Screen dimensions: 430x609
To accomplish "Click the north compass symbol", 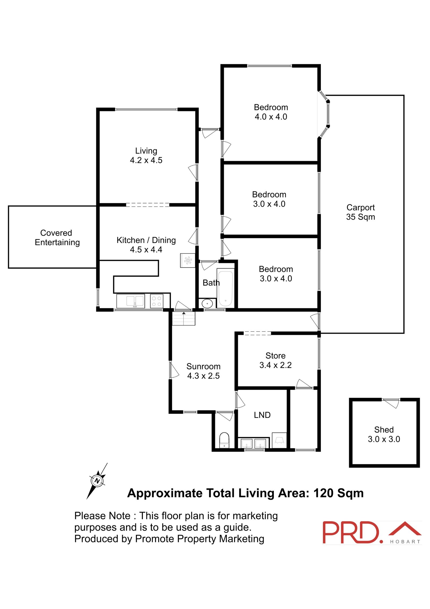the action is [97, 481].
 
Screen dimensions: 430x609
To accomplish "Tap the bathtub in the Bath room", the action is [225, 289].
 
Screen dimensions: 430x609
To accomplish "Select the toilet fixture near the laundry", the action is [224, 440].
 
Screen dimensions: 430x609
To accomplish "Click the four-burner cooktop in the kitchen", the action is [156, 301].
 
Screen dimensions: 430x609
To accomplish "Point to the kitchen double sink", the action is [131, 301].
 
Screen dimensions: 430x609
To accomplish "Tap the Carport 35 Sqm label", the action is [360, 212].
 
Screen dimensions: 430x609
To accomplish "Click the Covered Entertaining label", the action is [57, 237].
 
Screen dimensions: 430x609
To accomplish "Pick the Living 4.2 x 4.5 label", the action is [146, 156].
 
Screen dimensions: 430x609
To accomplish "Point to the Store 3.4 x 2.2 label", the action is [275, 360].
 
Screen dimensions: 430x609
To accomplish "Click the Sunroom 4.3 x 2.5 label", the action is [203, 371].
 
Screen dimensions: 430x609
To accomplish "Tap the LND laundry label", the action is [262, 415].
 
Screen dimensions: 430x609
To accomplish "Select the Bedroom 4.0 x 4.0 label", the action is [271, 112].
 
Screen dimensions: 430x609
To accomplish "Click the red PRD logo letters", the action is [352, 533].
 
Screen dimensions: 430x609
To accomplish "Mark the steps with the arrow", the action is [184, 319].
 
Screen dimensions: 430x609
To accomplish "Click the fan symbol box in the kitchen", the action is [188, 260].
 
